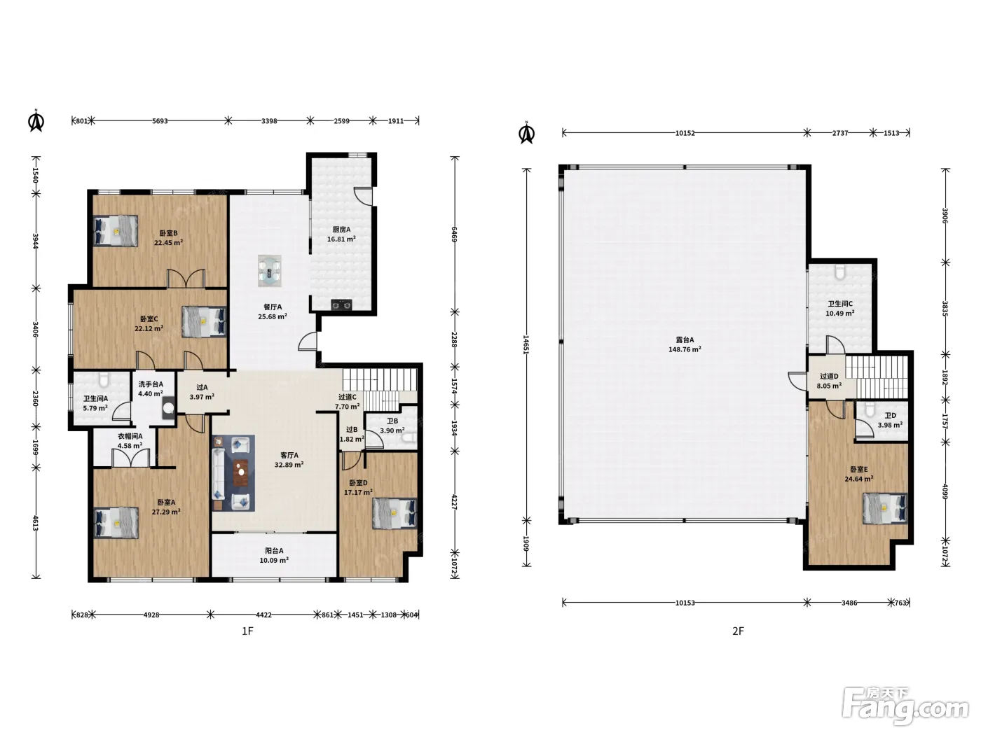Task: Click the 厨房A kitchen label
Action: pyautogui.click(x=341, y=230)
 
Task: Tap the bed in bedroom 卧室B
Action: pyautogui.click(x=116, y=231)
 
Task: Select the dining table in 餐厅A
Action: pyautogui.click(x=270, y=270)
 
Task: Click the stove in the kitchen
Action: pyautogui.click(x=341, y=304)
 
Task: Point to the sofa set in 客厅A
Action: pyautogui.click(x=233, y=473)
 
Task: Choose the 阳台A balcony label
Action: pyautogui.click(x=274, y=551)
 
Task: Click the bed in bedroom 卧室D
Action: pyautogui.click(x=395, y=514)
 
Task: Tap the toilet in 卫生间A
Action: pyautogui.click(x=104, y=380)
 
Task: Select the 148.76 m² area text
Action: pyautogui.click(x=685, y=349)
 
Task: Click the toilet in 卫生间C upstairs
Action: pyautogui.click(x=840, y=272)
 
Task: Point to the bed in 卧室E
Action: pyautogui.click(x=885, y=508)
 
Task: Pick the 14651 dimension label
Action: pyautogui.click(x=526, y=344)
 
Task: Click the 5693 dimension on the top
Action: pyautogui.click(x=160, y=121)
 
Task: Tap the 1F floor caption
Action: pyautogui.click(x=247, y=631)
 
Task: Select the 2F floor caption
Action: pyautogui.click(x=738, y=631)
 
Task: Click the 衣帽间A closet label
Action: pyautogui.click(x=130, y=436)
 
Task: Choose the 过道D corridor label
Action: pyautogui.click(x=829, y=376)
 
